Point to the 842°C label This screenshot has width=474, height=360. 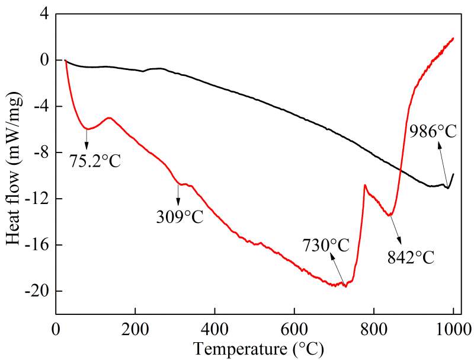tap(411, 257)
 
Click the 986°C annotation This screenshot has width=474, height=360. tap(433, 132)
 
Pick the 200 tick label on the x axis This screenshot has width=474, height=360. tap(135, 328)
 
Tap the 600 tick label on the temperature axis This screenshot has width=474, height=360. tap(294, 328)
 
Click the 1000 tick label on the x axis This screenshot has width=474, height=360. tap(453, 328)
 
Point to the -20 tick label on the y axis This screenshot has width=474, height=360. tap(39, 291)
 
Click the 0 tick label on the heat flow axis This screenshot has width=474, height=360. tap(44, 60)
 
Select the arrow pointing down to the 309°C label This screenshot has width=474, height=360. tap(178, 193)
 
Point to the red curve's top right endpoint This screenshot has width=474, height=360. tap(453, 38)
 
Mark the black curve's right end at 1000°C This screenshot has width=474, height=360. tap(453, 174)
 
